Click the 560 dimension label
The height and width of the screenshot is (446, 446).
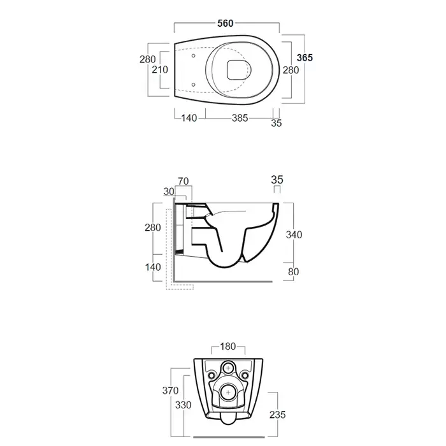pyautogui.click(x=226, y=24)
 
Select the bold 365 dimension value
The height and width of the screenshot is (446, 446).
pyautogui.click(x=305, y=58)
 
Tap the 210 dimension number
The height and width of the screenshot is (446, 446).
pyautogui.click(x=160, y=69)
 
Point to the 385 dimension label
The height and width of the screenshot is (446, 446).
pyautogui.click(x=240, y=118)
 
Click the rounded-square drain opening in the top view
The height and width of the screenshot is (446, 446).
pyautogui.click(x=236, y=70)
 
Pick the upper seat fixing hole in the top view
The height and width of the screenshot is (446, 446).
pyautogui.click(x=194, y=56)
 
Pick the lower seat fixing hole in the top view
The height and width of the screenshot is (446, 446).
pyautogui.click(x=194, y=85)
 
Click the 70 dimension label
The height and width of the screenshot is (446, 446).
pyautogui.click(x=183, y=181)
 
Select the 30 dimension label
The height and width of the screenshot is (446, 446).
pyautogui.click(x=169, y=192)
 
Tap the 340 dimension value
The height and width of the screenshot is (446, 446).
pyautogui.click(x=294, y=234)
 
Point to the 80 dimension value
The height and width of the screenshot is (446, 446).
pyautogui.click(x=293, y=271)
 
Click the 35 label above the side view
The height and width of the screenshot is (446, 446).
pyautogui.click(x=277, y=180)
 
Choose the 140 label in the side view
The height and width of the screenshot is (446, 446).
pyautogui.click(x=153, y=267)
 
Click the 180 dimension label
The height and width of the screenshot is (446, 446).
pyautogui.click(x=228, y=347)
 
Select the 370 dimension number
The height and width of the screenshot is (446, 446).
pyautogui.click(x=170, y=391)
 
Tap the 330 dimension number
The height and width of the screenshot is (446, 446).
pyautogui.click(x=183, y=405)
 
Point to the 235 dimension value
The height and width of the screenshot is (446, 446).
pyautogui.click(x=277, y=415)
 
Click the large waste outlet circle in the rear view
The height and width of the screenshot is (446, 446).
pyautogui.click(x=228, y=392)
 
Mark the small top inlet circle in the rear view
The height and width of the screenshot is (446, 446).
pyautogui.click(x=228, y=368)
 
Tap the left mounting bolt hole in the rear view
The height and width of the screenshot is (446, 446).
pyautogui.click(x=212, y=375)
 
